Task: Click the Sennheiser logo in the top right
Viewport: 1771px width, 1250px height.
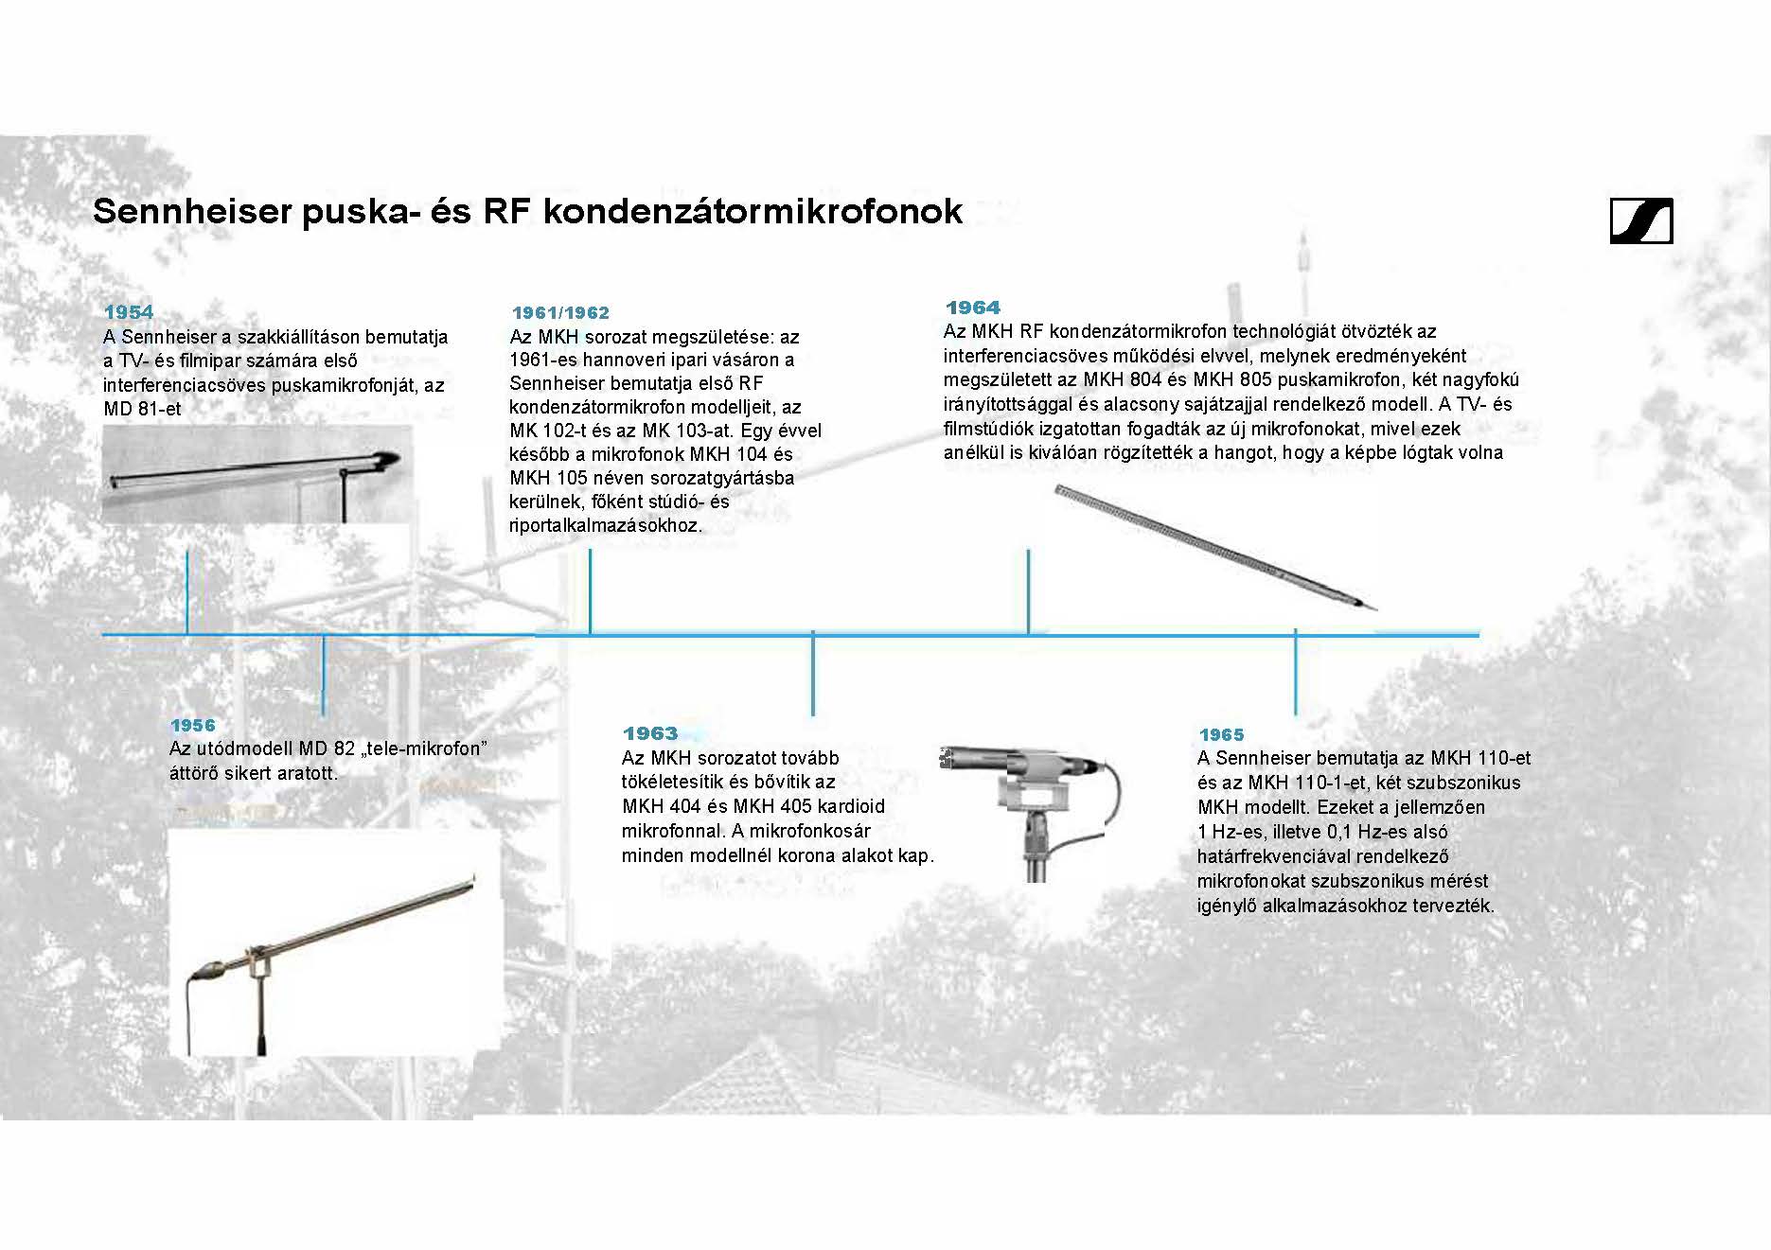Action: tap(1641, 221)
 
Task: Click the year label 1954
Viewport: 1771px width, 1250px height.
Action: tap(129, 312)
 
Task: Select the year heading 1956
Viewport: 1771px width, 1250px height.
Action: tap(193, 726)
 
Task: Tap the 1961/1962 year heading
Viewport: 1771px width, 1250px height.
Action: tap(560, 313)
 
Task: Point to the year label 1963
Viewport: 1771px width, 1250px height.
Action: tap(650, 733)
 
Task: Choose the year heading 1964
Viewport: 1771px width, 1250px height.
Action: tap(973, 308)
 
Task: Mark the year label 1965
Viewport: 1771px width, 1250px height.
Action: tap(1221, 735)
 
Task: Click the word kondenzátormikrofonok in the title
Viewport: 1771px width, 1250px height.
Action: tap(753, 211)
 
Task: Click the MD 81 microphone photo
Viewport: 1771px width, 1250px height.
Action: tap(256, 473)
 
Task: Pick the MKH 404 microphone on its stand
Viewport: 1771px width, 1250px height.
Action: tap(1032, 804)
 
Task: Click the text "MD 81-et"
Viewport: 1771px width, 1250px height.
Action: tap(142, 410)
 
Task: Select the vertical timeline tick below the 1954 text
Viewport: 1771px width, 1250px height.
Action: tap(187, 591)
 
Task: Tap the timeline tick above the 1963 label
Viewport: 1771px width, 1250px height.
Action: tap(812, 674)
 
